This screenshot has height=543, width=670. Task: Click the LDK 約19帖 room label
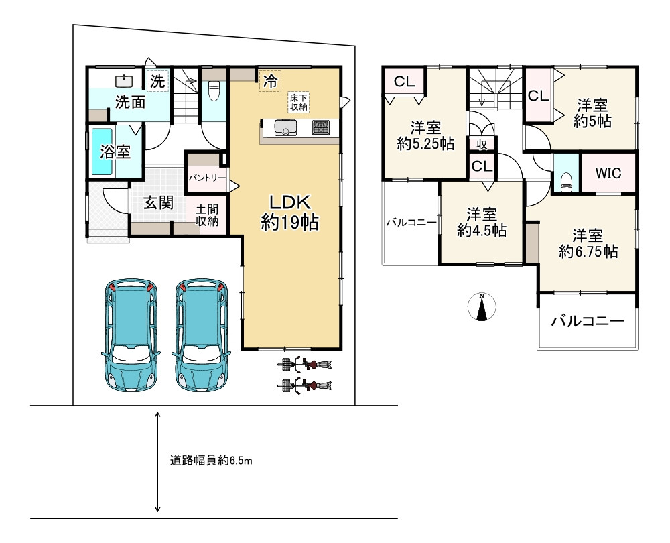[289, 213]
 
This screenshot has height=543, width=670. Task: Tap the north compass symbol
[482, 307]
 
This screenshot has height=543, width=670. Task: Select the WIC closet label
[608, 173]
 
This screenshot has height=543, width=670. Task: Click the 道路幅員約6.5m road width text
[211, 461]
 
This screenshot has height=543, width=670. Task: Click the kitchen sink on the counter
[285, 128]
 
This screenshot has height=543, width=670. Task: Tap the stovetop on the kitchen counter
[320, 127]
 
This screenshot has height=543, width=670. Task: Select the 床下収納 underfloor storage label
[299, 102]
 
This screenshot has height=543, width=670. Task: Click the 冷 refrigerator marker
[270, 81]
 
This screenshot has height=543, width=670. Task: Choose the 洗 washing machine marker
[157, 81]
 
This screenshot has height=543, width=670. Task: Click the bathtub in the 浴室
[102, 151]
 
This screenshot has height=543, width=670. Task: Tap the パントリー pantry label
[207, 178]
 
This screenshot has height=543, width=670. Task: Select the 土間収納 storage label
[207, 215]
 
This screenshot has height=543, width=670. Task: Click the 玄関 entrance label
[158, 202]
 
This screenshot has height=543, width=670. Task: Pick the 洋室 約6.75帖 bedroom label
[588, 244]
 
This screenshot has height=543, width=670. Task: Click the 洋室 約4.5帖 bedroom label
[482, 223]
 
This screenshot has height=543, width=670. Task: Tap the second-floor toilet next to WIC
[566, 180]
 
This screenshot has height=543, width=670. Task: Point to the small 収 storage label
[482, 145]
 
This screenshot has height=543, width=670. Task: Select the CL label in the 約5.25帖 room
[404, 81]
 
